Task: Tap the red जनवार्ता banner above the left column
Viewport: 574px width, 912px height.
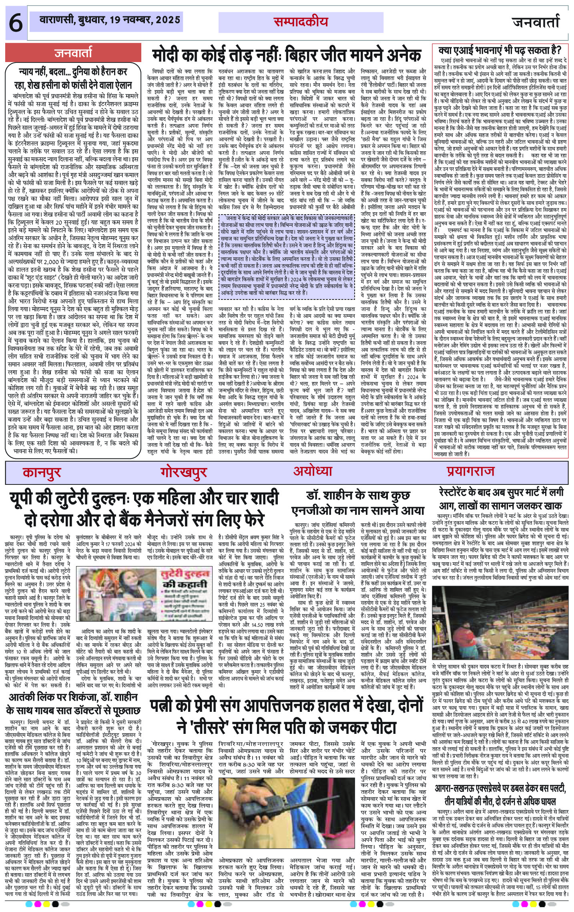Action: point(74,52)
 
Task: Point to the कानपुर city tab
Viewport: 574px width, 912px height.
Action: point(42,472)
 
